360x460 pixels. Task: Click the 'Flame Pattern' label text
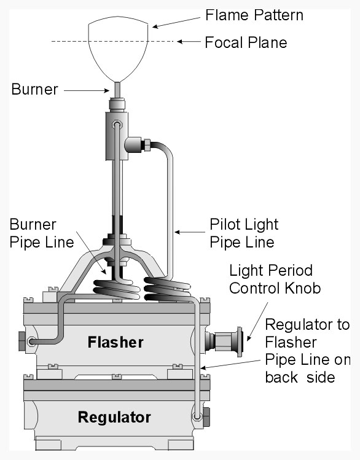coord(254,14)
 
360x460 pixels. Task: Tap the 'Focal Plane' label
coord(246,43)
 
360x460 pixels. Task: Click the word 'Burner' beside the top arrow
coord(34,90)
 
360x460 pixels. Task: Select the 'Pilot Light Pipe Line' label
coord(244,233)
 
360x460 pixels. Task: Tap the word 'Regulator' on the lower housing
coord(114,418)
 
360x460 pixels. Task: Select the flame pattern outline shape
coord(119,49)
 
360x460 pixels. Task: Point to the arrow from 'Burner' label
coord(86,90)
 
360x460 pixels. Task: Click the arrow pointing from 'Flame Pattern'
coord(178,20)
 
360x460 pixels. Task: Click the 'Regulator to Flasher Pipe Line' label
coord(307,351)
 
